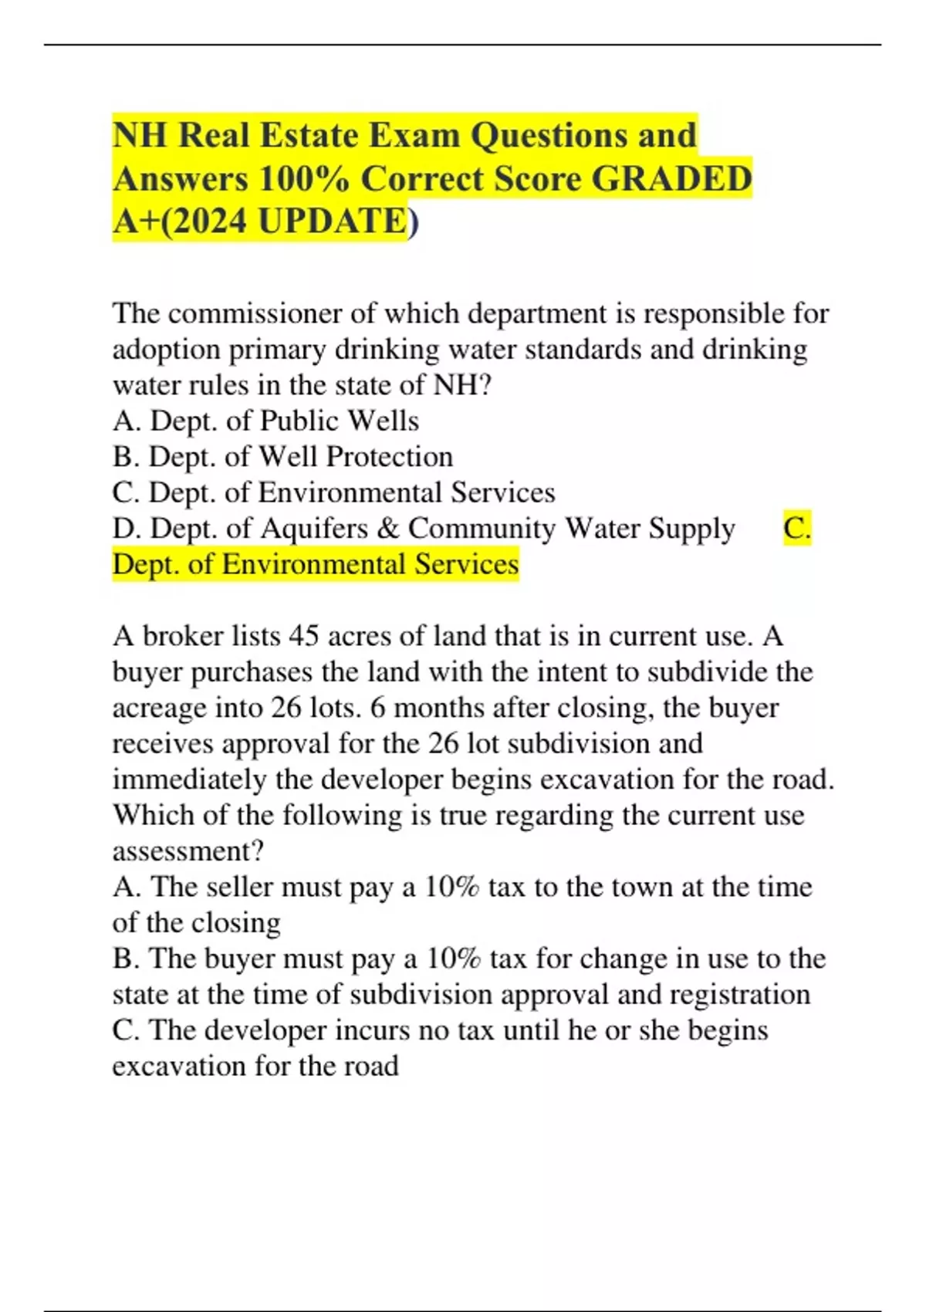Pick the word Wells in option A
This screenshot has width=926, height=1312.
383,421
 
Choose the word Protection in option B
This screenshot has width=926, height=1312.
389,457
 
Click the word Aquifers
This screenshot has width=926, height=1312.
315,529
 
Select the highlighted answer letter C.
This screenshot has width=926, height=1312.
796,529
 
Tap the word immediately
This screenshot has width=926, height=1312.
190,779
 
